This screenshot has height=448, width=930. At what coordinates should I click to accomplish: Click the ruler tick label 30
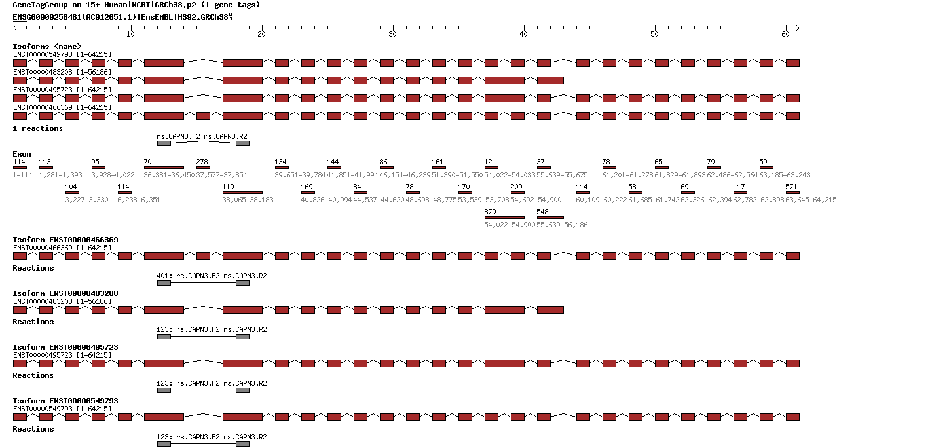click(392, 33)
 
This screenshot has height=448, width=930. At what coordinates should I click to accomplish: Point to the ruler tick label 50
click(654, 33)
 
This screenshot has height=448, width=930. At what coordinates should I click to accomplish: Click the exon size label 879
click(490, 212)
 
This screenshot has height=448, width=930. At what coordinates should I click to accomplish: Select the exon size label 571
click(791, 187)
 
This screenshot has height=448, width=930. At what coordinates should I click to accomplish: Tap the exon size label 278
click(202, 162)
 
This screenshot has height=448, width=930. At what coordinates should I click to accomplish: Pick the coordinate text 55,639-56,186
click(562, 225)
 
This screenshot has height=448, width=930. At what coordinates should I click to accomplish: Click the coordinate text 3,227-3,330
click(86, 200)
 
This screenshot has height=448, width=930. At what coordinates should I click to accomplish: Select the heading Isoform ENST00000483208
click(65, 293)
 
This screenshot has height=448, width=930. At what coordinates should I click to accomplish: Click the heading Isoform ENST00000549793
click(65, 401)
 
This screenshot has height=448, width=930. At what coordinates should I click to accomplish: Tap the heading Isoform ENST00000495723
click(65, 347)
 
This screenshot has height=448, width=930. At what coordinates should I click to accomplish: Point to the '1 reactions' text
click(38, 128)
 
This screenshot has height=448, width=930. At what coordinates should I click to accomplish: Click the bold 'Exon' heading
click(22, 154)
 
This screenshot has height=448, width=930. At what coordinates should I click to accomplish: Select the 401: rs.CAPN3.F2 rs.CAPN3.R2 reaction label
click(212, 276)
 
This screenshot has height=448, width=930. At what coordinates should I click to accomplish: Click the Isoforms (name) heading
click(47, 47)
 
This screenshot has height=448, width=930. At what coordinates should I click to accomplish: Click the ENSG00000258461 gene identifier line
click(122, 16)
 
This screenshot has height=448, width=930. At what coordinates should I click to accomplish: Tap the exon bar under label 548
click(550, 217)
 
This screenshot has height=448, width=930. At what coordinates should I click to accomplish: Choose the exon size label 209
click(516, 187)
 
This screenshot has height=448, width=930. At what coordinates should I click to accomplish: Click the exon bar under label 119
click(242, 193)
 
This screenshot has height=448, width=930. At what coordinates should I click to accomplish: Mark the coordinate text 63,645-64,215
click(811, 200)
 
